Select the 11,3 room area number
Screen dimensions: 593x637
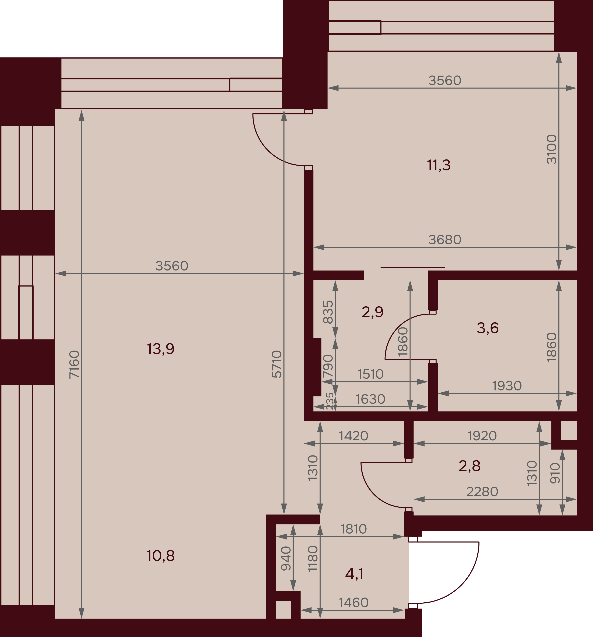tap(439, 165)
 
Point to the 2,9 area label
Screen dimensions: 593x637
tap(372, 312)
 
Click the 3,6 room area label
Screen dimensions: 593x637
tap(488, 328)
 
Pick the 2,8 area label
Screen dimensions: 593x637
tap(469, 466)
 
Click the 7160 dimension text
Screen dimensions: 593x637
tap(74, 365)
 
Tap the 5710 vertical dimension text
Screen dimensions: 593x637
tap(277, 364)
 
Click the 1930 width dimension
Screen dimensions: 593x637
tap(507, 386)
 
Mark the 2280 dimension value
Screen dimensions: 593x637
tap(482, 492)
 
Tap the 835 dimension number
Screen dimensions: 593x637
tap(328, 312)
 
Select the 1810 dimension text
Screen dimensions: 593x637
tap(353, 529)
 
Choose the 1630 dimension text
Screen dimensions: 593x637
tap(370, 399)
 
